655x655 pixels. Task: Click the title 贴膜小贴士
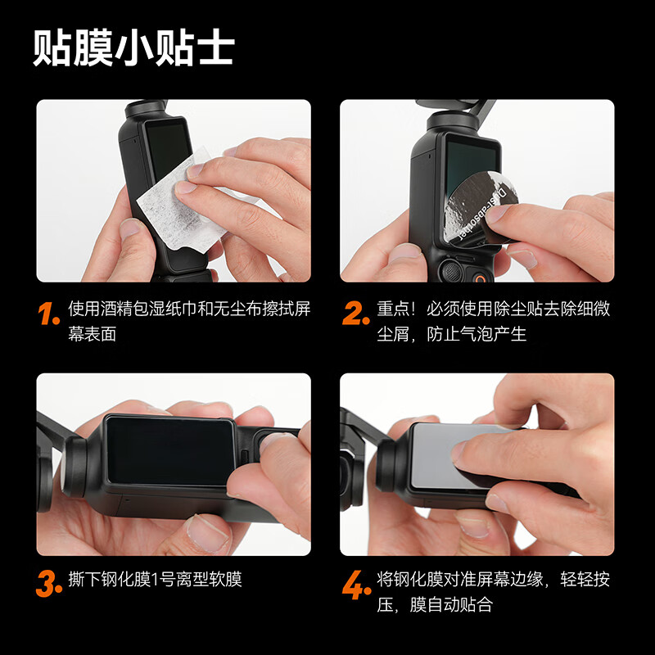[x=133, y=47]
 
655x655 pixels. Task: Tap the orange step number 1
[x=48, y=314]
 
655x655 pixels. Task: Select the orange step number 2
[x=355, y=314]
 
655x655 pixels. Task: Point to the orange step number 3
[x=49, y=584]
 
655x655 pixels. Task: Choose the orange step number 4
[x=356, y=585]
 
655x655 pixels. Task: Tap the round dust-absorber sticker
[x=481, y=208]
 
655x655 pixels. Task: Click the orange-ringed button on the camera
[x=481, y=279]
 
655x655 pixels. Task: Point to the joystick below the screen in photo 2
[x=451, y=271]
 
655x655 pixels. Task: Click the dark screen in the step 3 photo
[x=170, y=451]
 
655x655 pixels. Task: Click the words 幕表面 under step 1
[x=92, y=334]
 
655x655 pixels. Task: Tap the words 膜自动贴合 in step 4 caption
[x=452, y=604]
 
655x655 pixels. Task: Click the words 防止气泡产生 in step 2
[x=477, y=334]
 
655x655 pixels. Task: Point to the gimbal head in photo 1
[x=147, y=108]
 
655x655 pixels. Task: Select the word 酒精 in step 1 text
[x=117, y=309]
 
